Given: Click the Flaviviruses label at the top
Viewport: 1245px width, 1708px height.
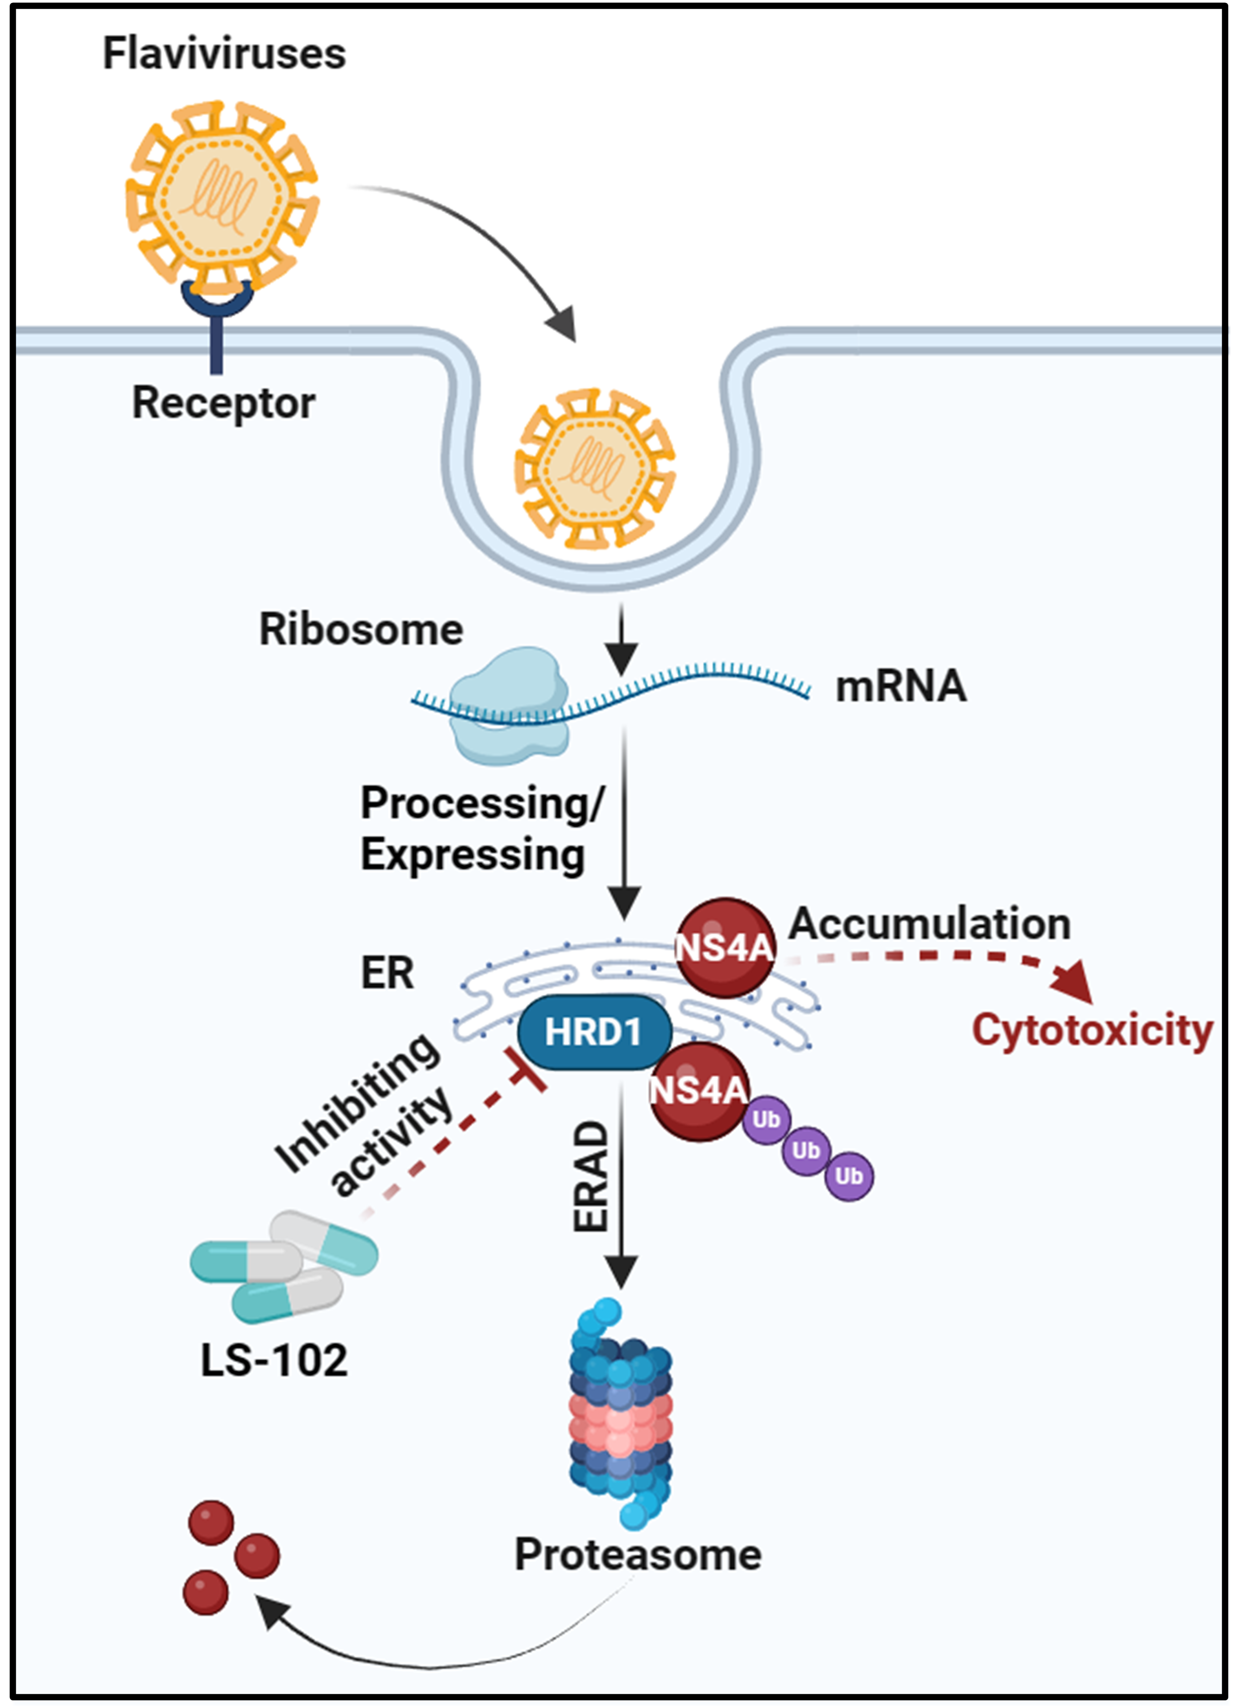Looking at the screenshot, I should [224, 54].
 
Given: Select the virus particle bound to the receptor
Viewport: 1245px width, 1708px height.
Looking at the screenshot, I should [222, 197].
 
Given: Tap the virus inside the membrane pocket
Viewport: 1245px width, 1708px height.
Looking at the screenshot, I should [595, 468].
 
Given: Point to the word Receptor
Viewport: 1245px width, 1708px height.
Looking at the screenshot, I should [223, 403].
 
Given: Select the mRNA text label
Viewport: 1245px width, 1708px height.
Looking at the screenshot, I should [900, 687].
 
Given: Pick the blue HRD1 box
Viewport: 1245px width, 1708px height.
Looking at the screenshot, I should [594, 1032].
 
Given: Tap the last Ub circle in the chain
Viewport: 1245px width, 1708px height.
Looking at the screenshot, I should [848, 1175].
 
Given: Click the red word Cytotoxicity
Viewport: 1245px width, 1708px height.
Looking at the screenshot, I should [1092, 1030].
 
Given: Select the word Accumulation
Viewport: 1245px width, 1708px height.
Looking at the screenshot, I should [929, 924].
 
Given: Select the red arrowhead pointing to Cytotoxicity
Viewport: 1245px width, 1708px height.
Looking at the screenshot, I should [1072, 980].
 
